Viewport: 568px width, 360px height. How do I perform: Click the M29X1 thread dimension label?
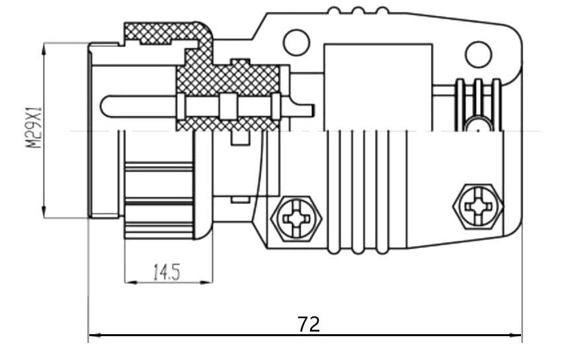[x=34, y=130]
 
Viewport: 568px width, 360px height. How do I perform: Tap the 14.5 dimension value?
[x=167, y=272]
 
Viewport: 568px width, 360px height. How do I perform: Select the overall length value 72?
[x=308, y=324]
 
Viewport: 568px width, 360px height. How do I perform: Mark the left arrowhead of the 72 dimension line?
[x=93, y=335]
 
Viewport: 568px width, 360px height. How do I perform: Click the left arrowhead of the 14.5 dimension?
[x=128, y=283]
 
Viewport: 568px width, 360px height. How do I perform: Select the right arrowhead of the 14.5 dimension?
[x=209, y=283]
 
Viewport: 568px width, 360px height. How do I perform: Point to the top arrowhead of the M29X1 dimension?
[x=44, y=47]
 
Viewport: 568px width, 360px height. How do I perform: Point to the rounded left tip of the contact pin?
[x=106, y=105]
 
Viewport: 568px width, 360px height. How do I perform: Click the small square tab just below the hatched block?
[x=239, y=138]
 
